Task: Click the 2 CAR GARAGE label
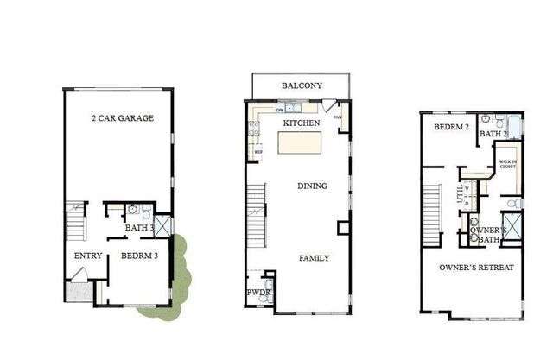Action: [123, 117]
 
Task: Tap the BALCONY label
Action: [302, 85]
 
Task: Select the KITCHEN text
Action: [302, 123]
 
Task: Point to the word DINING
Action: [312, 186]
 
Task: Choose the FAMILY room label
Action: [314, 257]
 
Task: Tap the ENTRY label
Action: [88, 256]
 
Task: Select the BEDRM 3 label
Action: [138, 256]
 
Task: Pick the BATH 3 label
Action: [137, 228]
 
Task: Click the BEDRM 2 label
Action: [450, 127]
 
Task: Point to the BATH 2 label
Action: [493, 134]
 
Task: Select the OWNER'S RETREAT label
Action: [476, 268]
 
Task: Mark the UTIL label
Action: [459, 197]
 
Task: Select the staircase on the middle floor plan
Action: [255, 214]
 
